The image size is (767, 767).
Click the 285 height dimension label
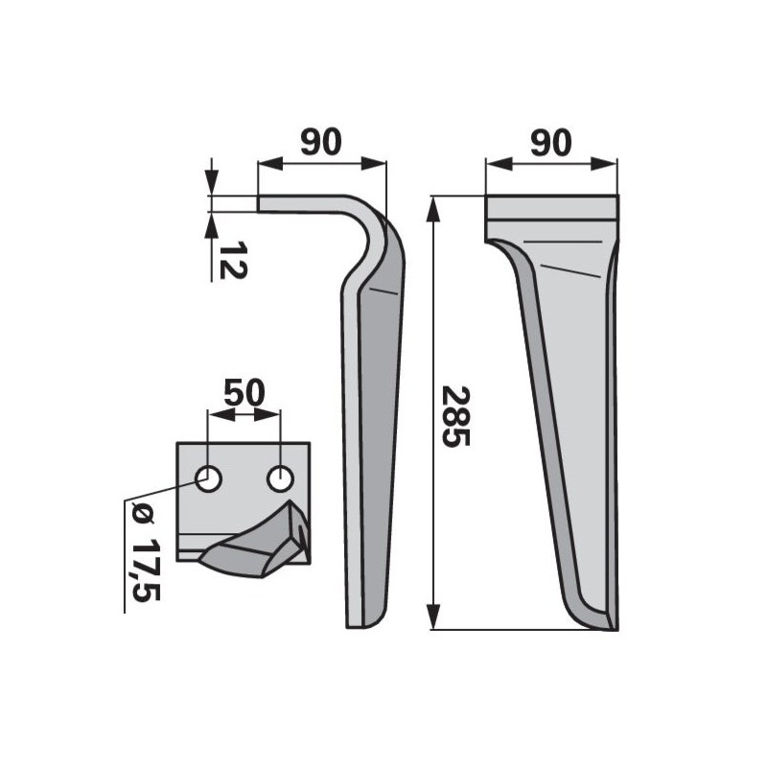click(x=455, y=416)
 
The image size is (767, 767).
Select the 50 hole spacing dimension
click(x=244, y=392)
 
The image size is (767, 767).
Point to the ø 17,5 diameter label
click(x=146, y=553)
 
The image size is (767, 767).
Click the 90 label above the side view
click(x=320, y=142)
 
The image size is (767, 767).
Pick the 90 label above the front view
click(x=550, y=143)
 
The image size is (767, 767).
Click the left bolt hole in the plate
click(x=209, y=478)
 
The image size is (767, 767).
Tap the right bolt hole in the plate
click(x=280, y=478)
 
